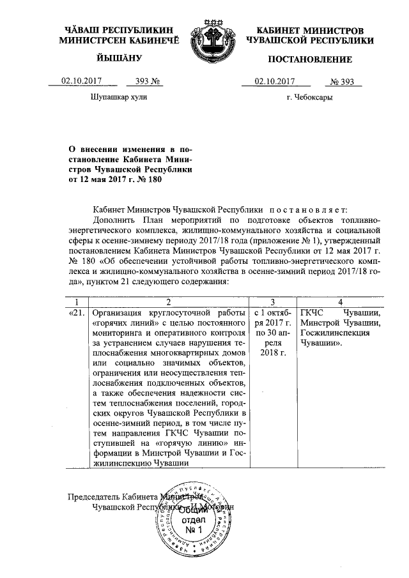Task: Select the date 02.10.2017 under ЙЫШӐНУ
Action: pyautogui.click(x=81, y=81)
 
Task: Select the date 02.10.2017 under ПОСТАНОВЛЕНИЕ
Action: pyautogui.click(x=275, y=81)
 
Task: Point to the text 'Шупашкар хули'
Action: pyautogui.click(x=120, y=98)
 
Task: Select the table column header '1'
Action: pyautogui.click(x=77, y=301)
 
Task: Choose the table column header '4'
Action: pyautogui.click(x=340, y=301)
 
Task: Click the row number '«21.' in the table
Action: pyautogui.click(x=76, y=313)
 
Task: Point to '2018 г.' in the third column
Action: pyautogui.click(x=273, y=353)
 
